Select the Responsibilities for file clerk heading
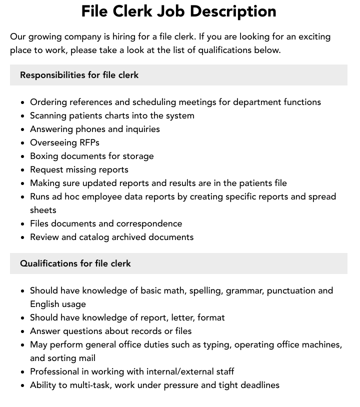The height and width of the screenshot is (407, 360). tap(79, 75)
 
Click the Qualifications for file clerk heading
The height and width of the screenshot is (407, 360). tap(75, 263)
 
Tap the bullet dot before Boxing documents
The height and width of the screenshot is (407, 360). tap(23, 156)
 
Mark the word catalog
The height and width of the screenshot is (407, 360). tap(95, 237)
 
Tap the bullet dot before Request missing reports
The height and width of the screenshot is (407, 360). tap(23, 170)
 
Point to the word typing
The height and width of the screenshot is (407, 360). tap(216, 344)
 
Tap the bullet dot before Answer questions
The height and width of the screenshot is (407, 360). tap(23, 331)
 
